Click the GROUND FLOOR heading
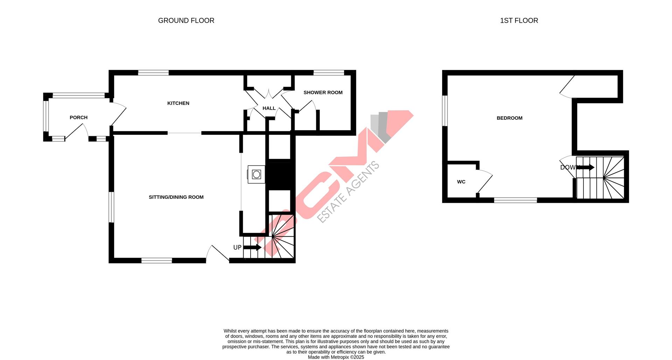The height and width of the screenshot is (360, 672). [x=186, y=21]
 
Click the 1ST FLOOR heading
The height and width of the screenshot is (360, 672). [x=519, y=21]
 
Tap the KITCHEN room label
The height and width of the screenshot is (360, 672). [x=178, y=103]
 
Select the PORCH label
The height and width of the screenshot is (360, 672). [x=78, y=118]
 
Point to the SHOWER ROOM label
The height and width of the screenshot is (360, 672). [x=323, y=93]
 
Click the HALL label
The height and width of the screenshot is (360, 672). [x=269, y=109]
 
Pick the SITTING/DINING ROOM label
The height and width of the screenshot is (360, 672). [x=176, y=197]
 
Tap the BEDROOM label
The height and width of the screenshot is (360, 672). [x=509, y=118]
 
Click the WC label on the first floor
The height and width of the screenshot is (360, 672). [x=461, y=182]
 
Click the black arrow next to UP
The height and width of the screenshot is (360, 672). [x=252, y=247]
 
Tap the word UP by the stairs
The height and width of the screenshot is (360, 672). [x=237, y=248]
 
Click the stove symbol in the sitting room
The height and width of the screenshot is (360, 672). [x=256, y=174]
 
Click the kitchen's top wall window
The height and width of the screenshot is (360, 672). [x=153, y=73]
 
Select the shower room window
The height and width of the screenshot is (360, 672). [x=329, y=73]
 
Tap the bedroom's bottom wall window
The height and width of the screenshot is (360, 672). [x=515, y=200]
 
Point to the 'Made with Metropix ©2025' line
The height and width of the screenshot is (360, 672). [x=336, y=357]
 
